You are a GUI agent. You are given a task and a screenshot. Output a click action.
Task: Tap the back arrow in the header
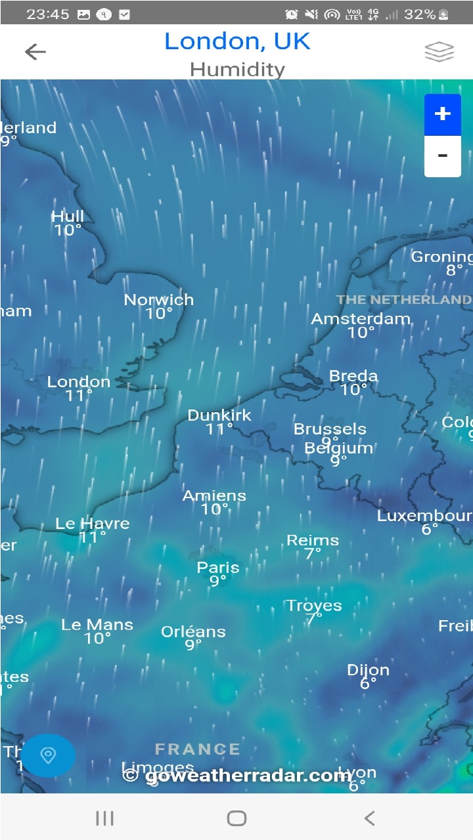(x=35, y=52)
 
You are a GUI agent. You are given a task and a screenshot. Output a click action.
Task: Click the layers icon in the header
(x=439, y=52)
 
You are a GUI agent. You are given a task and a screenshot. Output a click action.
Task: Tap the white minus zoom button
(x=443, y=156)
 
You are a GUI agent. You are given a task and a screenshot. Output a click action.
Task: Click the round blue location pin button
(x=48, y=755)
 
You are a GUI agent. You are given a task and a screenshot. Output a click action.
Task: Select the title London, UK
(x=237, y=41)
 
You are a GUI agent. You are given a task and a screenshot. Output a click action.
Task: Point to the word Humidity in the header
(x=237, y=69)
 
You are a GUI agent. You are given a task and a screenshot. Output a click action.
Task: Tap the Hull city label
(x=68, y=217)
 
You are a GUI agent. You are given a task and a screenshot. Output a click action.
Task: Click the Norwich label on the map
(x=159, y=300)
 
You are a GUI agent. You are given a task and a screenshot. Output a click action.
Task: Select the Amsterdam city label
(x=361, y=319)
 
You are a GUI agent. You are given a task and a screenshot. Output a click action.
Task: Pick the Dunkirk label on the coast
(x=219, y=415)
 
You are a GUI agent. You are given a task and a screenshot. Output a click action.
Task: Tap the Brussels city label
(x=330, y=429)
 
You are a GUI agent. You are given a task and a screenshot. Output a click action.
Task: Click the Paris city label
(x=218, y=568)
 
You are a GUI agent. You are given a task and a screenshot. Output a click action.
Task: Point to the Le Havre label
(x=93, y=524)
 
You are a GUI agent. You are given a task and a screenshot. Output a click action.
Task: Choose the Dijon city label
(x=368, y=670)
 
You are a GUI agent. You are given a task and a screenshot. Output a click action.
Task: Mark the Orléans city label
(x=193, y=632)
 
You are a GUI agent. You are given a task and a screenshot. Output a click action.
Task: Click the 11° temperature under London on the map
(x=79, y=396)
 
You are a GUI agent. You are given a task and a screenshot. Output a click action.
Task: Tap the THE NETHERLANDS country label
(x=404, y=300)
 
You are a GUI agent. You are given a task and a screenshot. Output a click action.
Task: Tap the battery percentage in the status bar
(x=420, y=14)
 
